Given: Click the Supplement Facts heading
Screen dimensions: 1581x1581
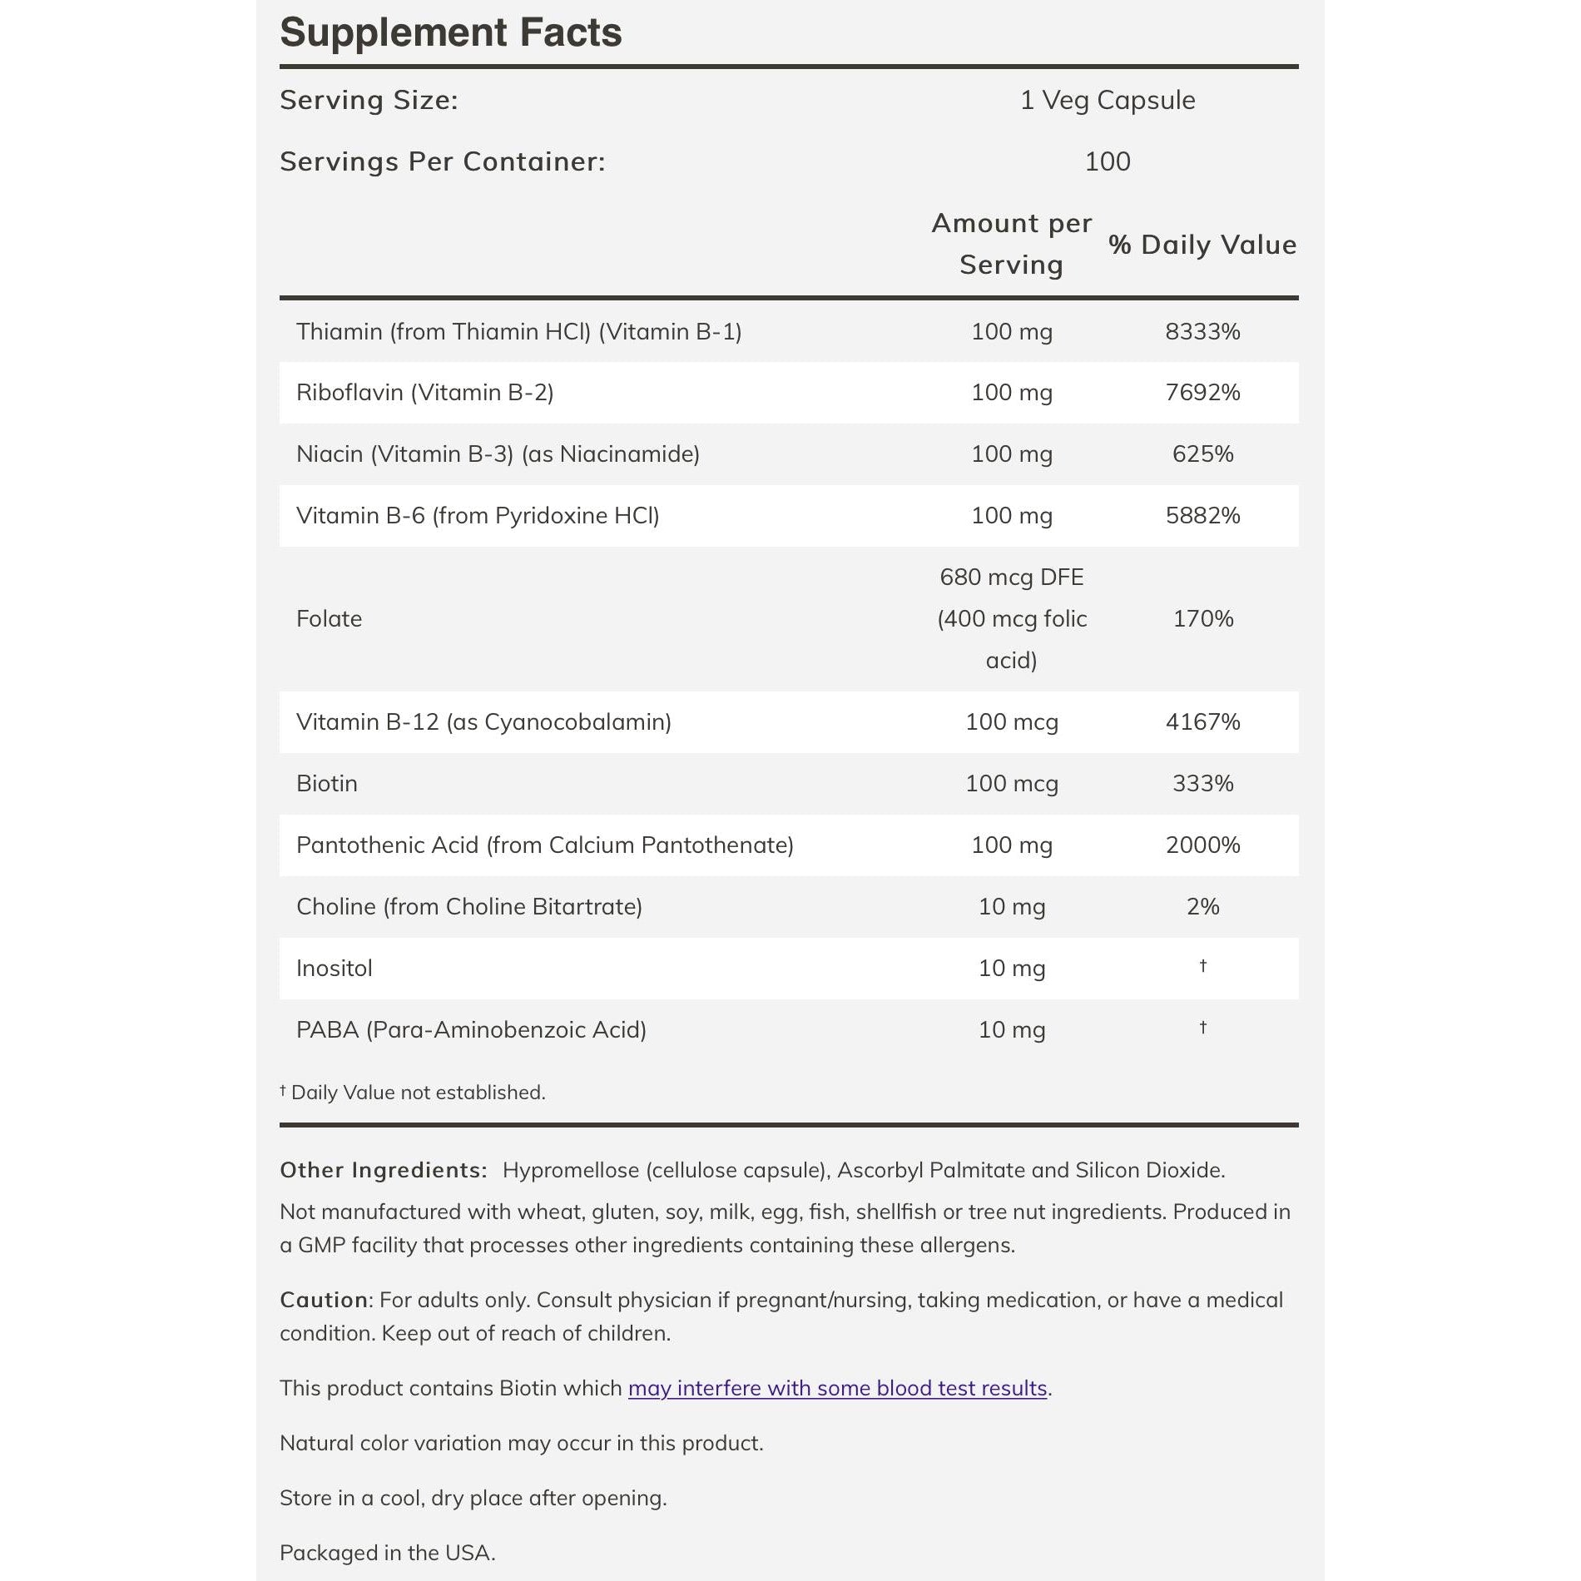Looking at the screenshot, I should click(x=450, y=33).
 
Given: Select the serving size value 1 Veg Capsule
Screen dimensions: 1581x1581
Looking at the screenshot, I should click(x=1107, y=100).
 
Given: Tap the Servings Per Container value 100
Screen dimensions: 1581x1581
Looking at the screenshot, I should click(x=1107, y=161).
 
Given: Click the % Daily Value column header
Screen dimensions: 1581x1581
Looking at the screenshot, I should click(x=1202, y=245).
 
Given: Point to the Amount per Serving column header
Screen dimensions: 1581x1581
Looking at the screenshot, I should click(x=1011, y=244).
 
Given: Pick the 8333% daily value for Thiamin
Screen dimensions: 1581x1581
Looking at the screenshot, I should click(x=1202, y=331).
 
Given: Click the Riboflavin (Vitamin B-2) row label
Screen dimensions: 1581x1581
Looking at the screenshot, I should click(x=424, y=393).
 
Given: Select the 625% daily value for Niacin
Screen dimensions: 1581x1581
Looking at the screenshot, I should click(x=1202, y=454).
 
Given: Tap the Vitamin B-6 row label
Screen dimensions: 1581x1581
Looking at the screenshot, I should click(x=477, y=516).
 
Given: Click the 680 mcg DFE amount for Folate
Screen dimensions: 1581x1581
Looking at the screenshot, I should click(x=1011, y=577).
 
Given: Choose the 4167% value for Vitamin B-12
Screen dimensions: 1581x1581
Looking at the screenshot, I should click(x=1202, y=722).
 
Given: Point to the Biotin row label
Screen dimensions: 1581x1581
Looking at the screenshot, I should click(x=326, y=784).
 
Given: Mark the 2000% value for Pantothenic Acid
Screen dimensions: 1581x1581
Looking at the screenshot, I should click(x=1202, y=845).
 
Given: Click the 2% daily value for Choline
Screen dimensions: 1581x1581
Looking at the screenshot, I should click(x=1202, y=907).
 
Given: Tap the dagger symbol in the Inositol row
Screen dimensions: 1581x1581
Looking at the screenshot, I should click(x=1202, y=966).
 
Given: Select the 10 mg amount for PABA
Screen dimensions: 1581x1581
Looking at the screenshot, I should click(x=1011, y=1030).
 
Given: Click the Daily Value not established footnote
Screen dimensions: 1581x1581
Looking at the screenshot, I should click(x=413, y=1093).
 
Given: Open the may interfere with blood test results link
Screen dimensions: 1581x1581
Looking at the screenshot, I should click(x=837, y=1388).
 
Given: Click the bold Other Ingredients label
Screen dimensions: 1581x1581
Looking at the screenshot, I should click(x=383, y=1171).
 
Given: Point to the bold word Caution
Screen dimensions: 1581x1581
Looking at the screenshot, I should click(x=324, y=1300).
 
